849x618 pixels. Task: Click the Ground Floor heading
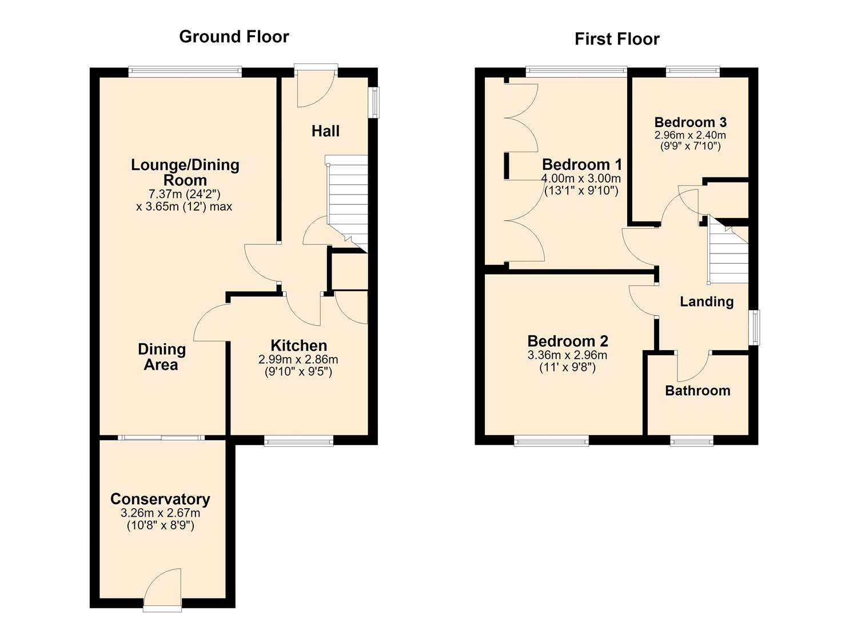pos(234,37)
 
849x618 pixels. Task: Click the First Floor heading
pos(617,39)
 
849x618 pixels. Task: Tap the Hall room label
pos(325,131)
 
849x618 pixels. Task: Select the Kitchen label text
pos(298,346)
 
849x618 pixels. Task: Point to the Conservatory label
pos(160,499)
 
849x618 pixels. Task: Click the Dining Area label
pos(161,357)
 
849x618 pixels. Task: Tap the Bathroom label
pos(697,391)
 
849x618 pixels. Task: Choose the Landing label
pos(707,302)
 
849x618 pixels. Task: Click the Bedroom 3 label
pos(690,122)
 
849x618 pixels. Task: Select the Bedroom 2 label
pos(568,341)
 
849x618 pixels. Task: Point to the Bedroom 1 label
pos(582,165)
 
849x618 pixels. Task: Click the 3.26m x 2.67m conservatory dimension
pos(160,513)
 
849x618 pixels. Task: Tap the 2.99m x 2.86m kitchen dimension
pos(298,359)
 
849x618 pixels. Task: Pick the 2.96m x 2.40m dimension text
pos(690,134)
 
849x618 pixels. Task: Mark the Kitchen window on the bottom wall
pos(298,441)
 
